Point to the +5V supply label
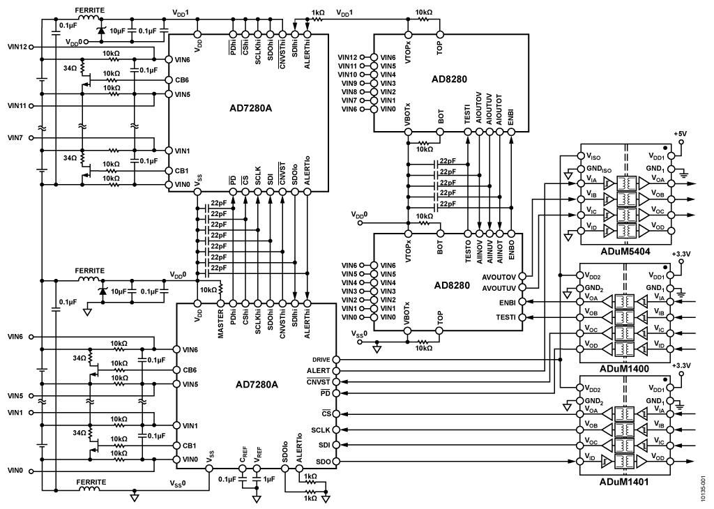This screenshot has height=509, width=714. (681, 133)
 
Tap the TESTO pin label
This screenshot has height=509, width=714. (468, 250)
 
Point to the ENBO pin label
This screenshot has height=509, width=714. (512, 248)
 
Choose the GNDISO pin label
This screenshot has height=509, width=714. (599, 171)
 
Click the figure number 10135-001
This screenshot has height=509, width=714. (704, 488)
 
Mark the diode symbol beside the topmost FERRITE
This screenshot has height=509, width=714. (102, 30)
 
